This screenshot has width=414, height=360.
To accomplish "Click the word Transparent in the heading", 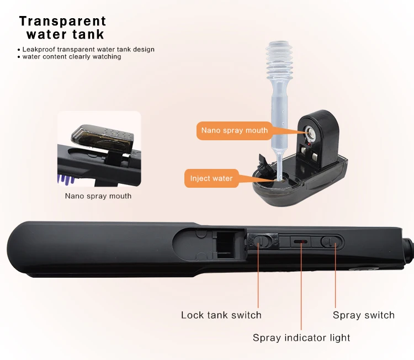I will click(62, 22).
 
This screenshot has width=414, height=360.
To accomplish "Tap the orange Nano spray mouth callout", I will click(234, 131).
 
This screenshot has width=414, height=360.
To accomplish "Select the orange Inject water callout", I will click(211, 178).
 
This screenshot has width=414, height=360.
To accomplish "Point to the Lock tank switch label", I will click(221, 315).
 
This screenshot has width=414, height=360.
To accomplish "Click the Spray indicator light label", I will click(301, 337).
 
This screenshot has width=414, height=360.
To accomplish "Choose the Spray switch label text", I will click(363, 315).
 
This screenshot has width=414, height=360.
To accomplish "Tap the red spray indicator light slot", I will click(301, 242).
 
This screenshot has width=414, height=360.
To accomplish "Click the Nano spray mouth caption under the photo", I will click(98, 195).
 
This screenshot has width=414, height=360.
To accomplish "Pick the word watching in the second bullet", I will click(107, 56).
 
